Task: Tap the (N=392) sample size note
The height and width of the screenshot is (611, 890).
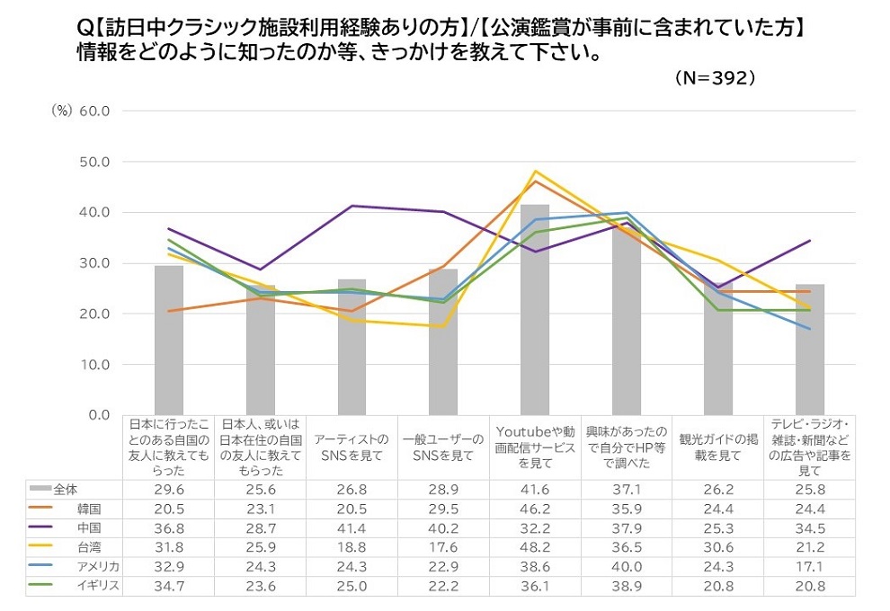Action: (x=715, y=78)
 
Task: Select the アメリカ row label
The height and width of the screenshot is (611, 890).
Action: (x=97, y=565)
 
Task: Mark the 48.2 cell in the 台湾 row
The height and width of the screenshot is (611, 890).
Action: (x=535, y=545)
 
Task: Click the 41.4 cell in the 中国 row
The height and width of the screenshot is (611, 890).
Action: (x=352, y=527)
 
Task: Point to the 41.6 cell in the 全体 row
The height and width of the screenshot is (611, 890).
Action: (x=535, y=489)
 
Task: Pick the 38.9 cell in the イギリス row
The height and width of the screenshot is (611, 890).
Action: (x=627, y=584)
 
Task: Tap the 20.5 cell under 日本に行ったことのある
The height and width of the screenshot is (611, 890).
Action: (x=168, y=508)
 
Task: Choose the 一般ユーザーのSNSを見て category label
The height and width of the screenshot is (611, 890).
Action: (x=443, y=447)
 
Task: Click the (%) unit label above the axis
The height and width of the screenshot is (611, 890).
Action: (x=61, y=111)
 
